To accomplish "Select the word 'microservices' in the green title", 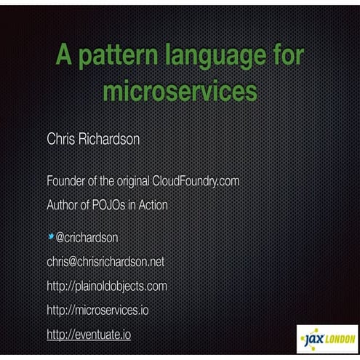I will coord(180,92).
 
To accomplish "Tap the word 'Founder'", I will coord(68,180).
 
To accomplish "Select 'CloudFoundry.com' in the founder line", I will coord(196,180).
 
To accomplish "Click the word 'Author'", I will coord(64,205).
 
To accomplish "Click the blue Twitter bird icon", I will coord(50,236).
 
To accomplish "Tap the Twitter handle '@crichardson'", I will coord(87,237).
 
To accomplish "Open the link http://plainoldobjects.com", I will coord(106,286).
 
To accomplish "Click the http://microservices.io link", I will coord(97,311).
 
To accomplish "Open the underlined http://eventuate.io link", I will coord(88,335).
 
